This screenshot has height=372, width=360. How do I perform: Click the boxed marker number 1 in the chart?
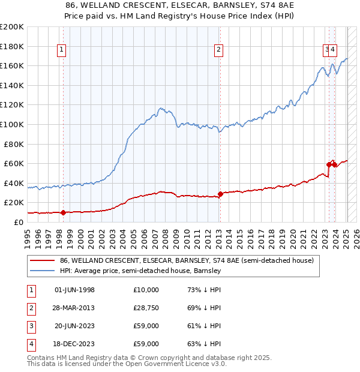63,50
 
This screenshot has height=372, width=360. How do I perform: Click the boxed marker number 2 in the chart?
219,50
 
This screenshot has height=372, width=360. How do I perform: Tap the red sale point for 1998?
63,212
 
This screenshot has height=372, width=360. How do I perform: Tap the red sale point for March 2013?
220,194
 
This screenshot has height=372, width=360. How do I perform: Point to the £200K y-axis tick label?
12,27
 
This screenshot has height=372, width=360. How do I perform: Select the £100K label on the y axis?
12,124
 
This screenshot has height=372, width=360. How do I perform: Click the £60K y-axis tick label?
14,163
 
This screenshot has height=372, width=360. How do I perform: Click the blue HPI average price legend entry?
140,271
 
